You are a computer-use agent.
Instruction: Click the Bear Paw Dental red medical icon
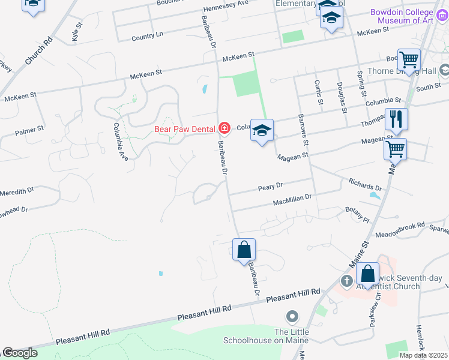pos(224,127)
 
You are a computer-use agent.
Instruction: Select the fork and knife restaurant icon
pos(396,118)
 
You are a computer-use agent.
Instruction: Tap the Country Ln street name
pos(147,37)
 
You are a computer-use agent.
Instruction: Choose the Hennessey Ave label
pos(226,3)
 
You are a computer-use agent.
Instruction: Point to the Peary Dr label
pos(270,188)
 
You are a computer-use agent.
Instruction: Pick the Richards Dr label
pos(365,184)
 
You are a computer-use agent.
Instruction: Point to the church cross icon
pos(346,281)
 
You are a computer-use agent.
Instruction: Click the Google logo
pos(20,353)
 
